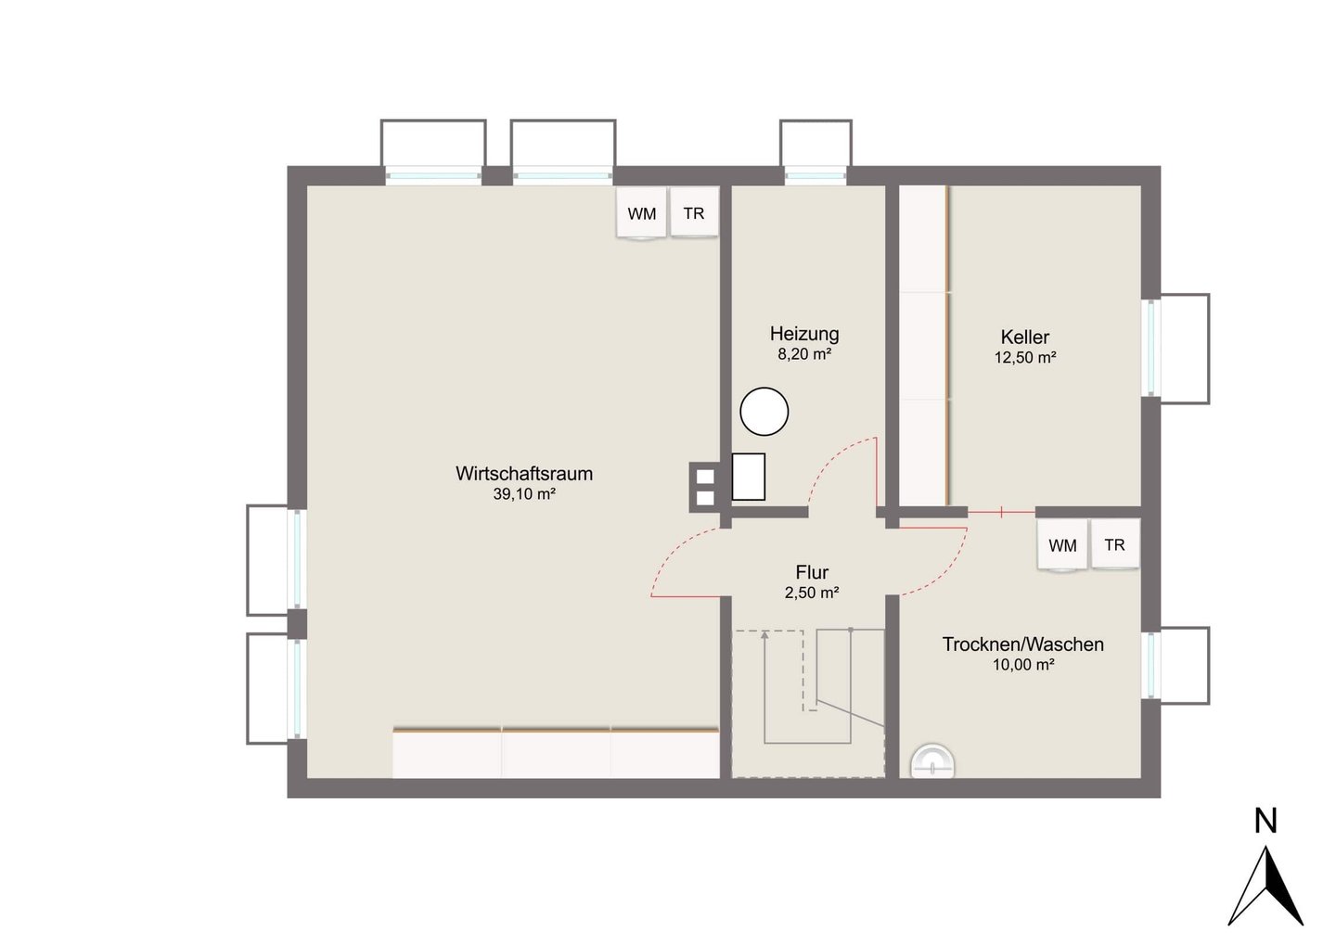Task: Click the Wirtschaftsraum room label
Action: click(523, 474)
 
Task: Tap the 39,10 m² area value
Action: click(524, 494)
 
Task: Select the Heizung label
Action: click(804, 334)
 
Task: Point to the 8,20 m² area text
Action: click(804, 354)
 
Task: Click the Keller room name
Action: click(1024, 338)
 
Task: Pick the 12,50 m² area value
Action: click(1025, 358)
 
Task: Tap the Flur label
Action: click(812, 573)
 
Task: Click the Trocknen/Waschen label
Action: click(1022, 644)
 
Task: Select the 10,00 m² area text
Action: click(1023, 665)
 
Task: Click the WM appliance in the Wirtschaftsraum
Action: click(641, 213)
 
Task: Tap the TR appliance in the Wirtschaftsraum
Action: click(694, 212)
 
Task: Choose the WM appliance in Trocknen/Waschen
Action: click(1062, 545)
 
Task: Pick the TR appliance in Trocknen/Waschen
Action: click(1115, 544)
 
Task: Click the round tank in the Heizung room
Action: click(764, 411)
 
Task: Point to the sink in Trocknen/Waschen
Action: click(932, 761)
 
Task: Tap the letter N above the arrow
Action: click(1265, 821)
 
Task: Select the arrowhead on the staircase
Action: click(764, 635)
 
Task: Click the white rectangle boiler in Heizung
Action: click(749, 477)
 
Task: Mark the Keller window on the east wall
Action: click(1151, 348)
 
